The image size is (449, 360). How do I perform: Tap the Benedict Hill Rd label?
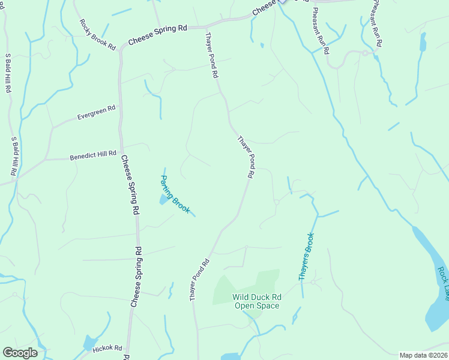click(92, 155)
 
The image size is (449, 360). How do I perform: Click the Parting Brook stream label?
click(175, 194)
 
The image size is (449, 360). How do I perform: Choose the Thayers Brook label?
click(307, 257)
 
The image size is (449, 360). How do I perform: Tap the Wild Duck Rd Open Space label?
click(257, 301)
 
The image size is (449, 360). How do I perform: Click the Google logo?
click(20, 353)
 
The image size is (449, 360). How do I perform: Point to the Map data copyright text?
click(423, 355)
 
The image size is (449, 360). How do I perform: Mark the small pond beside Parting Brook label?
click(163, 199)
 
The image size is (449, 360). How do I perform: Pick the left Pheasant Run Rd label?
click(319, 28)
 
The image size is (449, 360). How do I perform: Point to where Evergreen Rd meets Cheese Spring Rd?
click(120, 107)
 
